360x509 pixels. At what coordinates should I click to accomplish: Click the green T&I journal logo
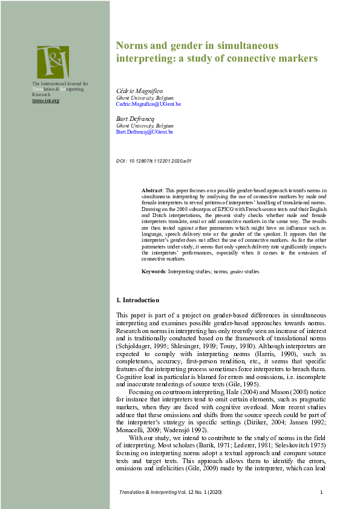click(x=53, y=62)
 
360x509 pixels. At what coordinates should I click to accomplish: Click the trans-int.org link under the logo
click(x=45, y=100)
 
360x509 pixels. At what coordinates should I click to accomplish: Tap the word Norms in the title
click(x=132, y=46)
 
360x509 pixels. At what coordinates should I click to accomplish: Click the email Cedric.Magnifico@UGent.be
click(x=148, y=104)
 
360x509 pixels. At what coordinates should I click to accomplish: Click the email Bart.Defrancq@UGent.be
click(x=144, y=131)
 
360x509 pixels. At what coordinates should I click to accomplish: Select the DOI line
click(x=153, y=161)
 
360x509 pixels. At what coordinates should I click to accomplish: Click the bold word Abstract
click(x=152, y=190)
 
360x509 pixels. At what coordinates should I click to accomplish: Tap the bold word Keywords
click(x=154, y=272)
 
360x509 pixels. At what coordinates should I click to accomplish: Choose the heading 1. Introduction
click(x=137, y=300)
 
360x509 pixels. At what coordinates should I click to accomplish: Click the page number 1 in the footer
click(x=321, y=493)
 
